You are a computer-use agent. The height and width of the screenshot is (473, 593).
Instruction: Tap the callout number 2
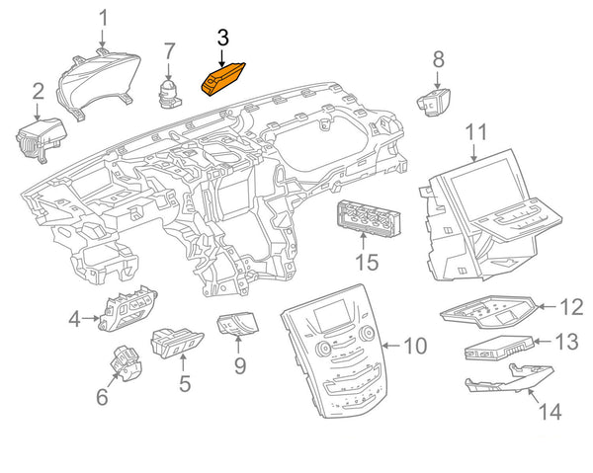pyautogui.click(x=38, y=92)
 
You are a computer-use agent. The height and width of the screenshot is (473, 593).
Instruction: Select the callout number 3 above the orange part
pyautogui.click(x=222, y=39)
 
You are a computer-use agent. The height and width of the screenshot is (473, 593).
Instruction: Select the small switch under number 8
pyautogui.click(x=435, y=101)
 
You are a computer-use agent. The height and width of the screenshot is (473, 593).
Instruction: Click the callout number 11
pyautogui.click(x=476, y=130)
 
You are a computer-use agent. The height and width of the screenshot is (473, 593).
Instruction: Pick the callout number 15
pyautogui.click(x=367, y=262)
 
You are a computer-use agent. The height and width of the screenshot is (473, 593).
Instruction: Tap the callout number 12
pyautogui.click(x=571, y=307)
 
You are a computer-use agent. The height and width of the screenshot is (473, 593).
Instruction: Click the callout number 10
pyautogui.click(x=414, y=346)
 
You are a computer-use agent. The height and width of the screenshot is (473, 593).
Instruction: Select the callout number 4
pyautogui.click(x=74, y=318)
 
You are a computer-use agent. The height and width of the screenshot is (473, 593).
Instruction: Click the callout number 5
pyautogui.click(x=184, y=381)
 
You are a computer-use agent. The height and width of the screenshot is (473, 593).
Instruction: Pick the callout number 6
pyautogui.click(x=101, y=397)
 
